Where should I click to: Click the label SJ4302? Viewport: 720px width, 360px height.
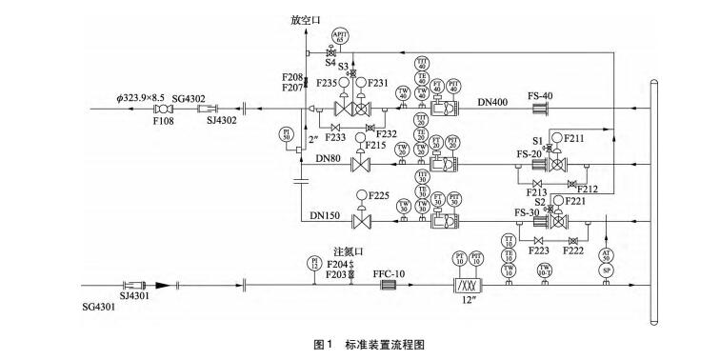click(222, 121)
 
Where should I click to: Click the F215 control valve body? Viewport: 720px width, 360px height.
click(361, 166)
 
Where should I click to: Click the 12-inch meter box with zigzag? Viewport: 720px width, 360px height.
click(468, 285)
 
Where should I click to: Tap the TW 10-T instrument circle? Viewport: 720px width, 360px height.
click(544, 270)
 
